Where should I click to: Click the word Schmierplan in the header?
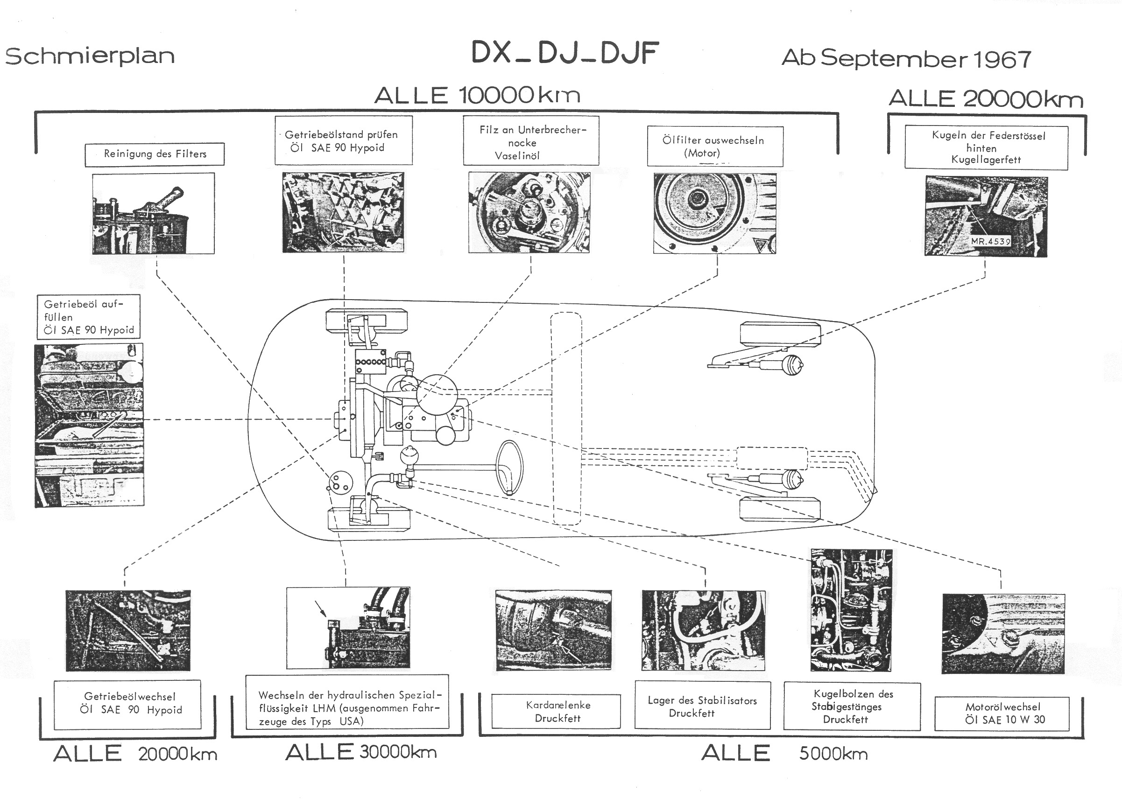pyautogui.click(x=90, y=56)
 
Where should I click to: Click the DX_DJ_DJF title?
pyautogui.click(x=565, y=53)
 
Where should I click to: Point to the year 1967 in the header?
pyautogui.click(x=1002, y=59)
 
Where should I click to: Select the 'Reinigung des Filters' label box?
pyautogui.click(x=155, y=154)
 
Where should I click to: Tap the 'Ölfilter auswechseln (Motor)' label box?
pyautogui.click(x=714, y=147)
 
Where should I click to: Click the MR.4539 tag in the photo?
pyautogui.click(x=990, y=241)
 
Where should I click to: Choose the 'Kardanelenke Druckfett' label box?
pyautogui.click(x=556, y=711)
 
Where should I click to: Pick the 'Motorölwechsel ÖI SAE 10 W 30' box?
pyautogui.click(x=1002, y=713)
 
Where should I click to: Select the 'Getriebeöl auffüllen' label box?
pyautogui.click(x=89, y=317)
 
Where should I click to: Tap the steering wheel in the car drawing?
pyautogui.click(x=509, y=467)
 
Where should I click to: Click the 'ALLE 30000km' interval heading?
pyautogui.click(x=360, y=752)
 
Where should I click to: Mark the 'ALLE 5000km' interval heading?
pyautogui.click(x=784, y=753)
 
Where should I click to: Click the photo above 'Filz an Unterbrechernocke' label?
pyautogui.click(x=529, y=213)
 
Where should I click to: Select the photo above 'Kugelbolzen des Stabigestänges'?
pyautogui.click(x=850, y=609)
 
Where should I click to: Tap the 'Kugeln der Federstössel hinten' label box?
pyautogui.click(x=986, y=147)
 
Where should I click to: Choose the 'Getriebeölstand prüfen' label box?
pyautogui.click(x=343, y=140)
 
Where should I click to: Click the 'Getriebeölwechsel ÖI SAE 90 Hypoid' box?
pyautogui.click(x=127, y=704)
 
